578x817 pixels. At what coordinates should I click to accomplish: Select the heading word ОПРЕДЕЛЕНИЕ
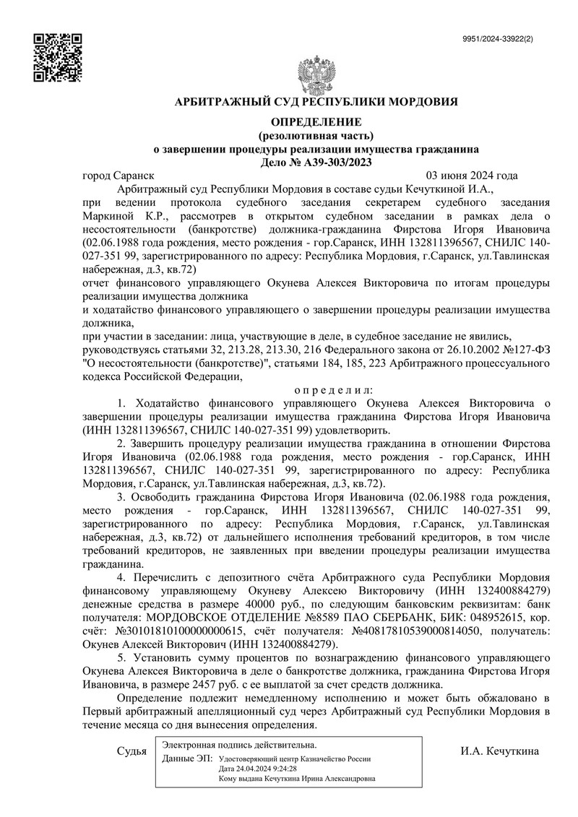(x=316, y=121)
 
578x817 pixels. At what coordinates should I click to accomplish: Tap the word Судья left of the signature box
(x=131, y=751)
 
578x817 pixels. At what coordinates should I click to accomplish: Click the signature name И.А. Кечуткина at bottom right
(x=499, y=751)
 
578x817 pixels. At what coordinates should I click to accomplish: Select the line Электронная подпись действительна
(x=239, y=745)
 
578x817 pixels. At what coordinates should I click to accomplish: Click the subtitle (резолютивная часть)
(x=316, y=135)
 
